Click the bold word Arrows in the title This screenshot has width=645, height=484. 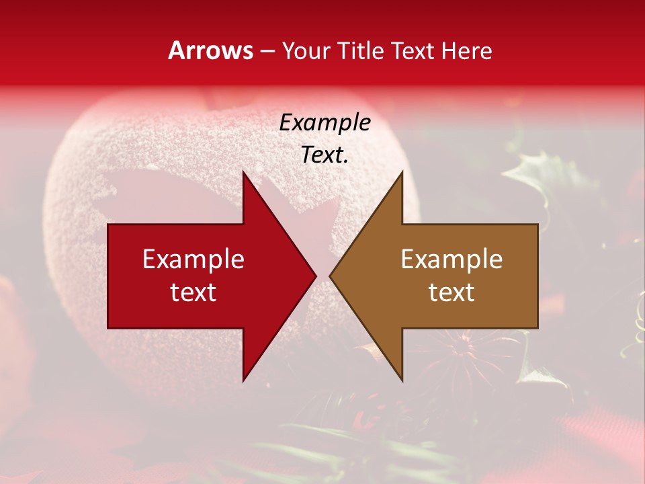click(211, 51)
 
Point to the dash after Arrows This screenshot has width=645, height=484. click(267, 52)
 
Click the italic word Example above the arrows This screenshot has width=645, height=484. click(325, 122)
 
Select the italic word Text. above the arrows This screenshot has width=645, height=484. click(325, 155)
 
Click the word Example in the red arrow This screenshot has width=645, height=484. click(193, 259)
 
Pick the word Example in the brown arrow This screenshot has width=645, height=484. click(451, 259)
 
